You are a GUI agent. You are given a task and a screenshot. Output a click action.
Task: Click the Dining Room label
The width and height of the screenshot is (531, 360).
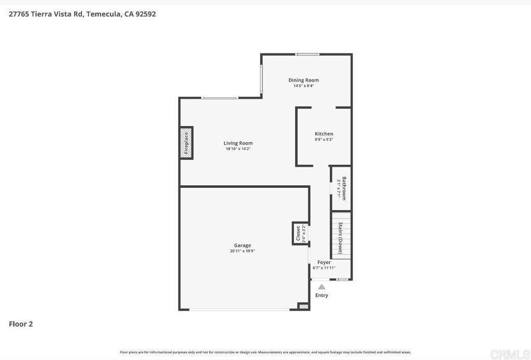[x=303, y=80]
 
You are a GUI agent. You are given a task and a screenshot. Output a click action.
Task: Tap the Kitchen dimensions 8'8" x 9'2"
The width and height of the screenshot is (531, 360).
[x=324, y=140]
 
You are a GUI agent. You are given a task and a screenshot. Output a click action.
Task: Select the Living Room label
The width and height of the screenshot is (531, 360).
[x=238, y=143]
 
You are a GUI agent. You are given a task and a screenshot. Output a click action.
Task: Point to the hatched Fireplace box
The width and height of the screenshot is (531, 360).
[x=186, y=143]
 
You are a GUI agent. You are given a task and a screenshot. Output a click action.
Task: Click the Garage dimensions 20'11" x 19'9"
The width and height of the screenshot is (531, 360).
[x=242, y=251]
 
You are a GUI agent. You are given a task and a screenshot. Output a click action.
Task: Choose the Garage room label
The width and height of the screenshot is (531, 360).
[x=242, y=245]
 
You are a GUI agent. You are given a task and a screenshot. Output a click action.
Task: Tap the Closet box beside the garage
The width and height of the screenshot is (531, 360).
[x=301, y=233]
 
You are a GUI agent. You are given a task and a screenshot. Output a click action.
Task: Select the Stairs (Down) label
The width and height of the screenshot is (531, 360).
[x=341, y=238]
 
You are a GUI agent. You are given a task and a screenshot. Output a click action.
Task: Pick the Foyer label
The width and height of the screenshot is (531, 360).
[x=324, y=262]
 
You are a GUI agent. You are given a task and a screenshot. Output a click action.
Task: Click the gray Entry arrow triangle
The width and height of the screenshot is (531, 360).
[x=322, y=287]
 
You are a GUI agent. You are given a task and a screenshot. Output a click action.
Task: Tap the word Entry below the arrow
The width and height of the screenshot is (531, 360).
[x=322, y=295]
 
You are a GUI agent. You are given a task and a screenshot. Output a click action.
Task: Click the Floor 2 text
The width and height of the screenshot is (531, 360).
[x=21, y=324]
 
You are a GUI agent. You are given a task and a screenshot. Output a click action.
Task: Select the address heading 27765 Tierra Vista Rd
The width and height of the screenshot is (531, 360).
[x=82, y=14]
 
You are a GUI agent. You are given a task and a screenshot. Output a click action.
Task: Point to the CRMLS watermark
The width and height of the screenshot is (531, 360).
[x=509, y=354]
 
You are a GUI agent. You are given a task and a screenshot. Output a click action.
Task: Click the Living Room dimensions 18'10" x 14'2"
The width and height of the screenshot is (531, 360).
[x=238, y=149]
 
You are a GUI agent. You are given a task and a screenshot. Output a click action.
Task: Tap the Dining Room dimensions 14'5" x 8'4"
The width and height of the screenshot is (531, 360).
[x=303, y=86]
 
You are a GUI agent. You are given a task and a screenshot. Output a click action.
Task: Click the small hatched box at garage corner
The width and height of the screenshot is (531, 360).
[x=303, y=307]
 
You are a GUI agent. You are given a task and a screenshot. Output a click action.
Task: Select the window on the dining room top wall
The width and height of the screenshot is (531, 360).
[x=308, y=54]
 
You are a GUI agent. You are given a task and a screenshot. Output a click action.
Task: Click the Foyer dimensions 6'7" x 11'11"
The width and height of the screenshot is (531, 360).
[x=324, y=268]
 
